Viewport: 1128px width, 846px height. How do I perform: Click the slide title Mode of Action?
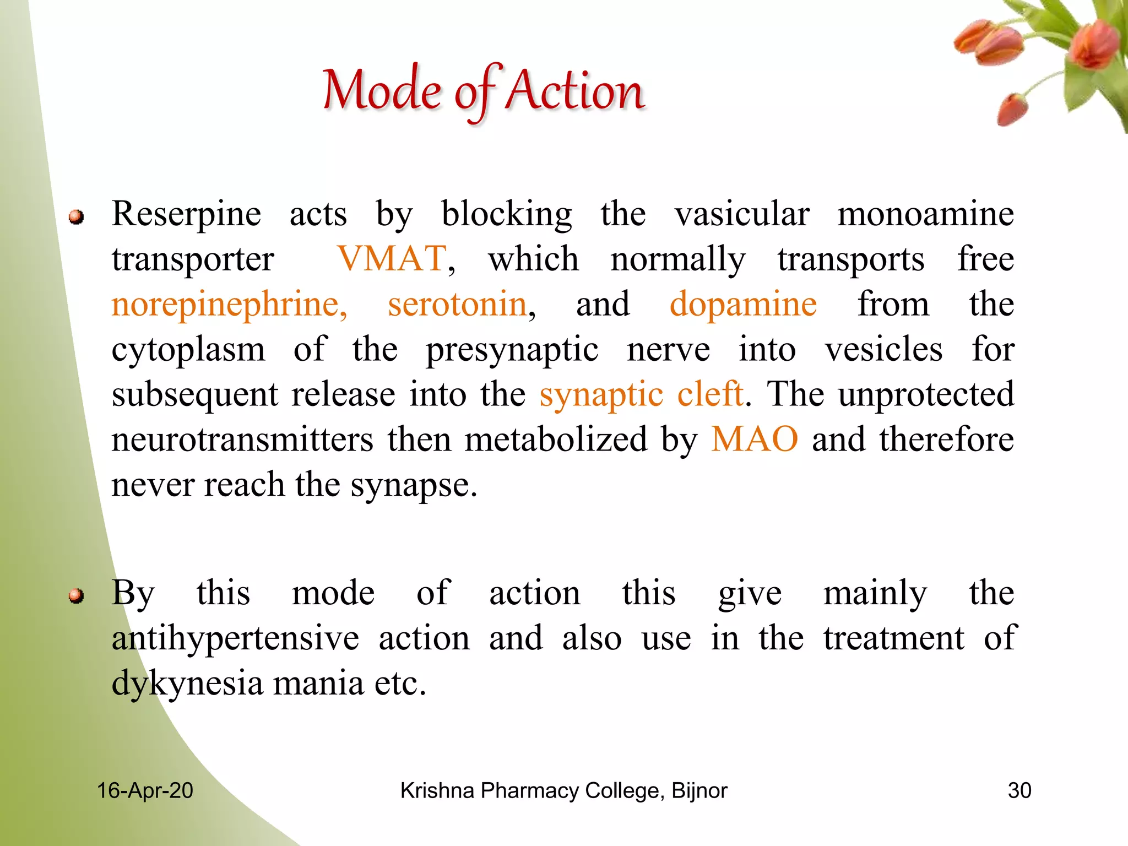pyautogui.click(x=484, y=91)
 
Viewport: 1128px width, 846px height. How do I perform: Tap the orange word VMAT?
pyautogui.click(x=392, y=258)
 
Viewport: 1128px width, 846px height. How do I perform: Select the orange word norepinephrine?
pyautogui.click(x=229, y=305)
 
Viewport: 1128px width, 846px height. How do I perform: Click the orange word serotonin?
pyautogui.click(x=457, y=304)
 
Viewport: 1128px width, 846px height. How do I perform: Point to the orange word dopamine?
pyautogui.click(x=743, y=304)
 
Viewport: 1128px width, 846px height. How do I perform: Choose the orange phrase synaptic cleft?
pyautogui.click(x=641, y=394)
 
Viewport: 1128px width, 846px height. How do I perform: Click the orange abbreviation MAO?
pyautogui.click(x=754, y=439)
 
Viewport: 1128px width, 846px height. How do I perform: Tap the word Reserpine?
pyautogui.click(x=186, y=214)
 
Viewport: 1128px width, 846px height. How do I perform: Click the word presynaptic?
pyautogui.click(x=512, y=350)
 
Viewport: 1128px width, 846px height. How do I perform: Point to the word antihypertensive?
pyautogui.click(x=235, y=638)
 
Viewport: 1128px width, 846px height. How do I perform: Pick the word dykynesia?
pyautogui.click(x=187, y=684)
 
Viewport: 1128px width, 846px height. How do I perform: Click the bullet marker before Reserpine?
pyautogui.click(x=76, y=217)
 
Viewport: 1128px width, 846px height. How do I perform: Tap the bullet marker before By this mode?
pyautogui.click(x=76, y=596)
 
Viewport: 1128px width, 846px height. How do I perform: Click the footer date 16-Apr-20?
pyautogui.click(x=145, y=790)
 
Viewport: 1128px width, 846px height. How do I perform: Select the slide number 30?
pyautogui.click(x=1019, y=790)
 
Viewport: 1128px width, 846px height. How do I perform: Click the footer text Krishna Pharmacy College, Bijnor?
pyautogui.click(x=563, y=790)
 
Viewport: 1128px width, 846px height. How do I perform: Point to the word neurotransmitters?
pyautogui.click(x=242, y=440)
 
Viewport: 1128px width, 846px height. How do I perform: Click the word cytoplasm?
pyautogui.click(x=188, y=350)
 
